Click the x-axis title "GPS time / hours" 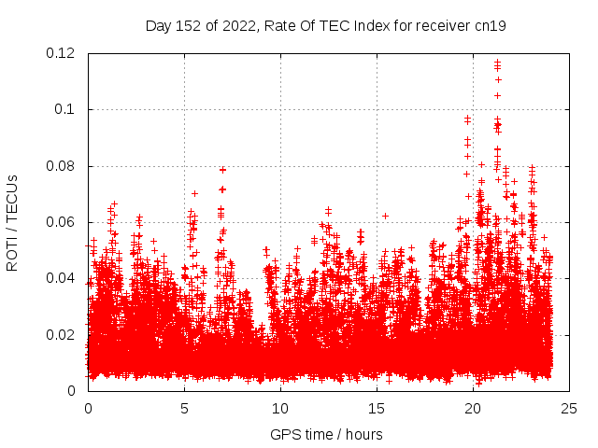(x=326, y=434)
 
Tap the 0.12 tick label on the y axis (x=62, y=53)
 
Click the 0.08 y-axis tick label (x=62, y=166)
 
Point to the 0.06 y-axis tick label (x=62, y=222)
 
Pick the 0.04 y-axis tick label (x=62, y=278)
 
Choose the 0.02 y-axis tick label (x=62, y=334)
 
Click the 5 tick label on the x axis (x=184, y=408)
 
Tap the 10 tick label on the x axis (x=280, y=408)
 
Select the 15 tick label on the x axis (x=377, y=408)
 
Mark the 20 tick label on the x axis (x=473, y=408)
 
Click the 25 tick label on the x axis (x=569, y=408)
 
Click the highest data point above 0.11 (x=497, y=63)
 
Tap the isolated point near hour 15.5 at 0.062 (x=385, y=216)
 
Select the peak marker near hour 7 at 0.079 (x=222, y=169)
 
